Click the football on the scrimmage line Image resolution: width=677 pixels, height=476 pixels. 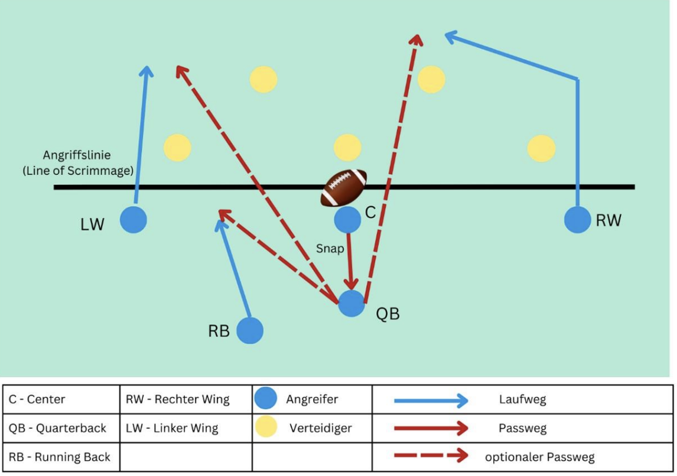coord(344,187)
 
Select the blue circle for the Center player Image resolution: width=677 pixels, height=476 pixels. coord(347,220)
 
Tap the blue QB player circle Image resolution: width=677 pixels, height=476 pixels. coord(351,304)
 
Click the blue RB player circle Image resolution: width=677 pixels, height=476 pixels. coord(250,331)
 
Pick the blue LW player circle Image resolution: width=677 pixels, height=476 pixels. coord(134,220)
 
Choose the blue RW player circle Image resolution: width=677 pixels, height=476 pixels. coord(577,220)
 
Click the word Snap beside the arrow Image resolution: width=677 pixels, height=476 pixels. coord(330,249)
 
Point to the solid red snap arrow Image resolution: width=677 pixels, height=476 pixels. coord(350,260)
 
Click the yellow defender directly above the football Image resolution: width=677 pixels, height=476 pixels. coord(347,148)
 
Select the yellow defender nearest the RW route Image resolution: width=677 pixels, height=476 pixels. coord(541,148)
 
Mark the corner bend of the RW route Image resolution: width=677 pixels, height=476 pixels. coord(577,79)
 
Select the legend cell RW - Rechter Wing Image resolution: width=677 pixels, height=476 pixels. coord(178,399)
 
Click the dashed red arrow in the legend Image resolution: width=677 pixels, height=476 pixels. coord(431,457)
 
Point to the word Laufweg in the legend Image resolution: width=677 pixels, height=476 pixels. coord(522,399)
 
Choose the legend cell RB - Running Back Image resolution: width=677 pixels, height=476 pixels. coord(59,457)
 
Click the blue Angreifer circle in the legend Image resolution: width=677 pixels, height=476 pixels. coord(266,399)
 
